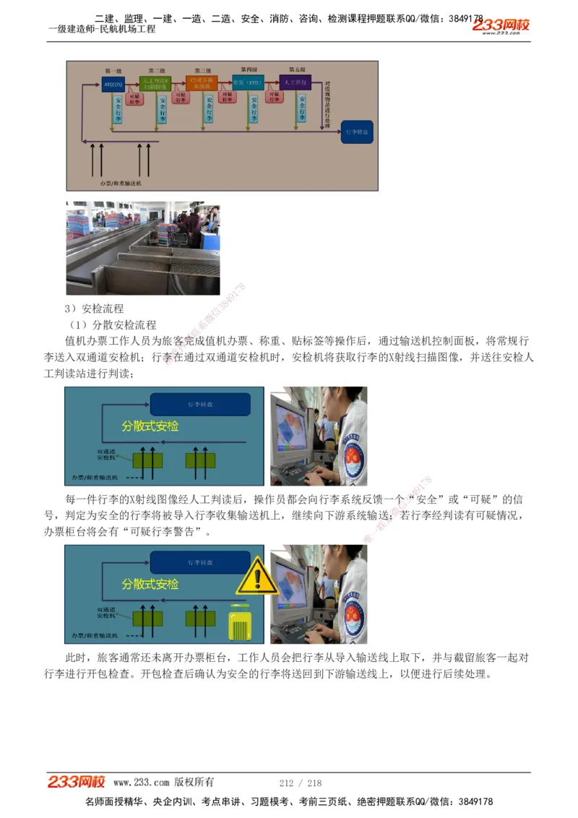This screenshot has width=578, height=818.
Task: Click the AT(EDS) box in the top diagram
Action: click(x=113, y=84)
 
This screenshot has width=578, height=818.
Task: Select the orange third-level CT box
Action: click(x=202, y=82)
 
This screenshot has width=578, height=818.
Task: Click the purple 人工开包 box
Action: click(x=296, y=82)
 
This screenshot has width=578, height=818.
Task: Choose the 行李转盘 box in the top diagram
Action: click(x=357, y=133)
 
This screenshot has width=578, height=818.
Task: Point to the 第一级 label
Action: click(x=113, y=70)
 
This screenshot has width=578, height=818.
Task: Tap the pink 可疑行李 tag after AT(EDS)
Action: click(x=134, y=99)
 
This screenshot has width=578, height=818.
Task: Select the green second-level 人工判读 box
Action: click(x=156, y=82)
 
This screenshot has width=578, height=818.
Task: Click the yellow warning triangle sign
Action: click(x=256, y=577)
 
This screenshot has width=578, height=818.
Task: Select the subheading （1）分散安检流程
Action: click(x=112, y=325)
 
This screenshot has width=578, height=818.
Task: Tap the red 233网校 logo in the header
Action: click(x=501, y=25)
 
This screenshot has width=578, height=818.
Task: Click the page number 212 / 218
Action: click(x=300, y=783)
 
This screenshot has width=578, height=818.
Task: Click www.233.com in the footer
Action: click(x=141, y=783)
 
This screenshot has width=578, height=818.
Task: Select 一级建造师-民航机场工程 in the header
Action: click(x=101, y=30)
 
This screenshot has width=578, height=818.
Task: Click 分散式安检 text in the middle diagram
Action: click(x=150, y=426)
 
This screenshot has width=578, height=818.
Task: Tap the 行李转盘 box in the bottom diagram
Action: click(x=199, y=561)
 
